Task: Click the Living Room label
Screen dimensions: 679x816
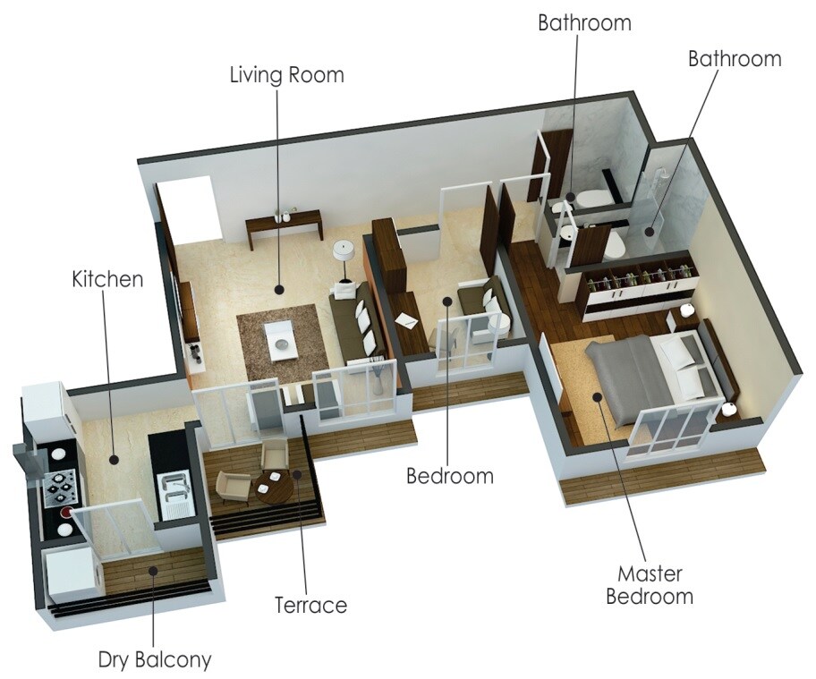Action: point(286,74)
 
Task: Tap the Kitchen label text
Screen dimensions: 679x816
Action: point(107,279)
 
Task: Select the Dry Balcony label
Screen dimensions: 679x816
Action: point(155,660)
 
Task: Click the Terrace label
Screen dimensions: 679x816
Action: point(310,605)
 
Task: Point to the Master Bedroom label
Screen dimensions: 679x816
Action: point(650,584)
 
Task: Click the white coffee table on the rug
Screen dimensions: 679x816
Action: point(279,336)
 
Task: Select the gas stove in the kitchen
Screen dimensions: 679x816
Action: point(62,488)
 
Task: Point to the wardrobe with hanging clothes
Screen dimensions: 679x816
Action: point(640,286)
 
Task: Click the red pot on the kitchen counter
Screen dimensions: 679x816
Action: point(68,513)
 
